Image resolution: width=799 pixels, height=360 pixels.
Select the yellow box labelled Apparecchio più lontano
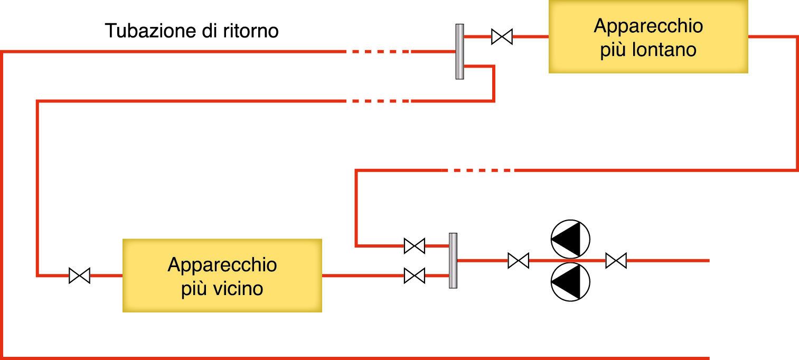pyautogui.click(x=648, y=36)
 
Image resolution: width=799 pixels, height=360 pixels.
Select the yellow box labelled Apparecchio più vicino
pyautogui.click(x=222, y=275)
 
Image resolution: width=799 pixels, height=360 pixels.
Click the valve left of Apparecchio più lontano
pyautogui.click(x=501, y=36)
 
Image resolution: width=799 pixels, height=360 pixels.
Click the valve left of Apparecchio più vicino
pyautogui.click(x=79, y=276)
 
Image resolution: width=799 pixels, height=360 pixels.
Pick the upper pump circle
pyautogui.click(x=570, y=239)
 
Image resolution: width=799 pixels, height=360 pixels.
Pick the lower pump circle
pyautogui.click(x=570, y=282)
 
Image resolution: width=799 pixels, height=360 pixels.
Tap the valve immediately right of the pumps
pyautogui.click(x=616, y=261)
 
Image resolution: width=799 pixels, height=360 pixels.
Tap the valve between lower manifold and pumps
pyautogui.click(x=518, y=261)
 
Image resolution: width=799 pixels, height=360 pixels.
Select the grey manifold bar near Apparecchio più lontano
pyautogui.click(x=459, y=52)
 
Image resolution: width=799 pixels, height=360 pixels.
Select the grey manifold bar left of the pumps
pyautogui.click(x=453, y=261)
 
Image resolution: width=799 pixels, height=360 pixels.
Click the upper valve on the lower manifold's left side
pyautogui.click(x=414, y=246)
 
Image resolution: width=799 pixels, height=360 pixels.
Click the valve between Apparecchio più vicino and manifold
pyautogui.click(x=414, y=276)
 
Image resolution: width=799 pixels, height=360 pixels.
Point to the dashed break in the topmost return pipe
pyautogui.click(x=377, y=52)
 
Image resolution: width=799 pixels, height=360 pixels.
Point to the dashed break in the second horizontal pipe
pyautogui.click(x=377, y=101)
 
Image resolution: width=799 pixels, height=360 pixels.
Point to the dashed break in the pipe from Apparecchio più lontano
pyautogui.click(x=480, y=170)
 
